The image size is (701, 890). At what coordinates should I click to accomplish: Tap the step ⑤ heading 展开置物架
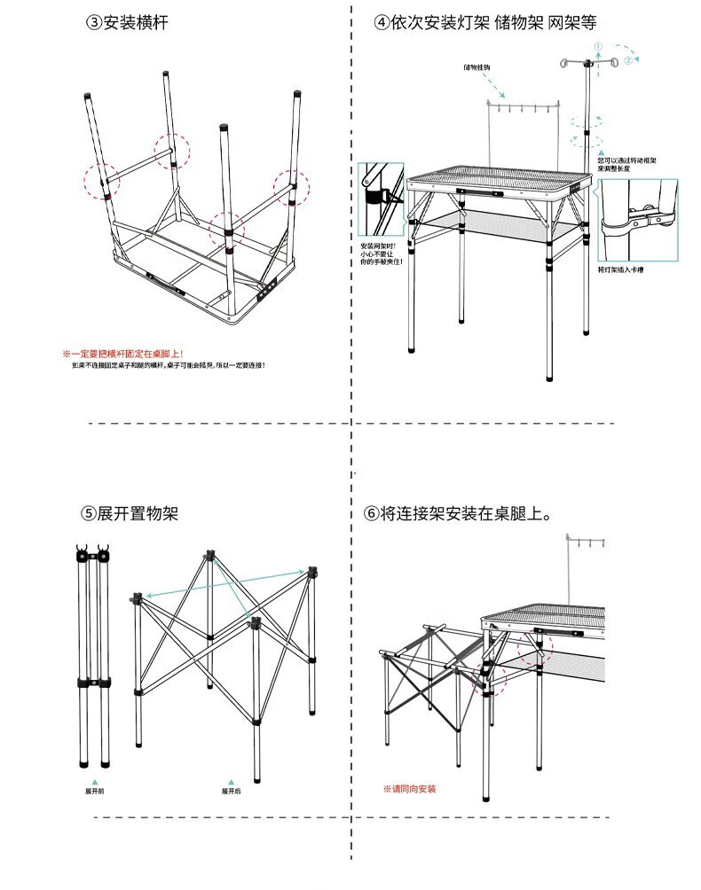point(130,513)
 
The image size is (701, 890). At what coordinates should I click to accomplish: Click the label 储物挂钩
point(477,67)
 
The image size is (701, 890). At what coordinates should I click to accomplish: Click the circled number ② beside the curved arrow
point(627,60)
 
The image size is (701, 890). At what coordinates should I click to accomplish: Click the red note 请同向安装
point(409,788)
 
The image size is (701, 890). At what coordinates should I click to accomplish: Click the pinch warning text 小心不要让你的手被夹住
point(382,254)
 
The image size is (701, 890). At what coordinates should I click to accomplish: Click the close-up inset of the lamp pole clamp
point(637,219)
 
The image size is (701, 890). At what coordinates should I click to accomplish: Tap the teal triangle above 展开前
point(94,781)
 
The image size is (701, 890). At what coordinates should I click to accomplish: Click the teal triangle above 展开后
point(231,781)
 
